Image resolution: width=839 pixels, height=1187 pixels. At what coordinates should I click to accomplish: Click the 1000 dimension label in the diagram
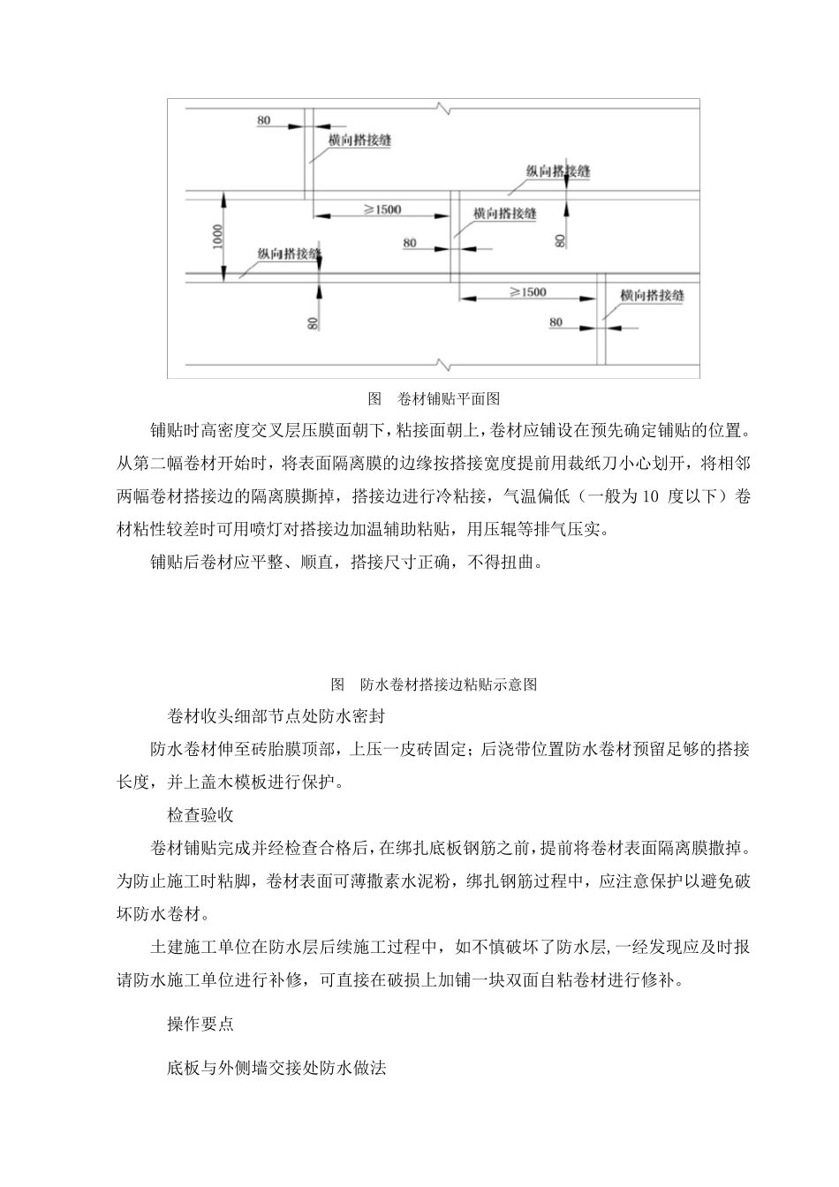(217, 238)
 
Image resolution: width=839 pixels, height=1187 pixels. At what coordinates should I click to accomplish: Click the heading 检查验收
(200, 813)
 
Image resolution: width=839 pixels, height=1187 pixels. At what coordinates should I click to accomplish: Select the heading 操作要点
(200, 1024)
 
